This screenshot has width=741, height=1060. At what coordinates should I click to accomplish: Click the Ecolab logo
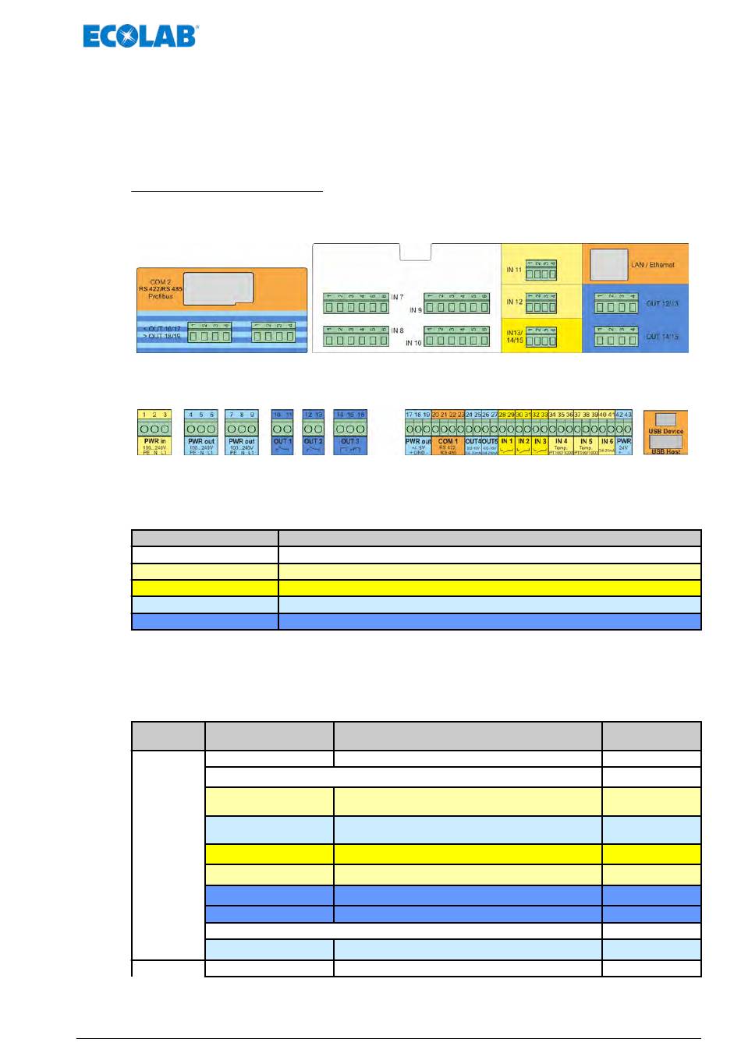pos(140,37)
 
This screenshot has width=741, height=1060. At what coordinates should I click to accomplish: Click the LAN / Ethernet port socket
pos(608,265)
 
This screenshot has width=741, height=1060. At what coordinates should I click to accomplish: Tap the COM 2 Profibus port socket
pos(218,288)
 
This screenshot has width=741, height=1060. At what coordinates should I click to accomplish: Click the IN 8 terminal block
pos(356,337)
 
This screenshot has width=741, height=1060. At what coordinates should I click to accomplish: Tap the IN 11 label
pos(514,270)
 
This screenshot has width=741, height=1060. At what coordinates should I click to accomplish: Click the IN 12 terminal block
pos(541,303)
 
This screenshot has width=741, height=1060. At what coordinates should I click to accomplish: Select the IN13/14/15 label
pos(514,336)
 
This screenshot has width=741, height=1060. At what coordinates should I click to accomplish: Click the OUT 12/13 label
pos(662,303)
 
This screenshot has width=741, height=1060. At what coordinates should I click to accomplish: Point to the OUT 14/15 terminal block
pos(617,337)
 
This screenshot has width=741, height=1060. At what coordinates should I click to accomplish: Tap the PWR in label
pos(154,441)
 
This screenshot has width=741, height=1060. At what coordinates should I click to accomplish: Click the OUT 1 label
pos(282,441)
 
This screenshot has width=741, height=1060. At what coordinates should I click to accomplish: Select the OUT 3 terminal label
pos(350,441)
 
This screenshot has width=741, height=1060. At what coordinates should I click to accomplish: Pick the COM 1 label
pos(448,441)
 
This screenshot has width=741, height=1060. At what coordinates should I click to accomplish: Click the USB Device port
pos(665,419)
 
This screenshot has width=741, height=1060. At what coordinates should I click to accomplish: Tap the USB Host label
pos(665,451)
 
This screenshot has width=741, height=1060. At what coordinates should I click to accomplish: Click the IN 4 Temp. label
pos(561,442)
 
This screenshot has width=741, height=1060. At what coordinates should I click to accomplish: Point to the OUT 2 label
pos(313,441)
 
